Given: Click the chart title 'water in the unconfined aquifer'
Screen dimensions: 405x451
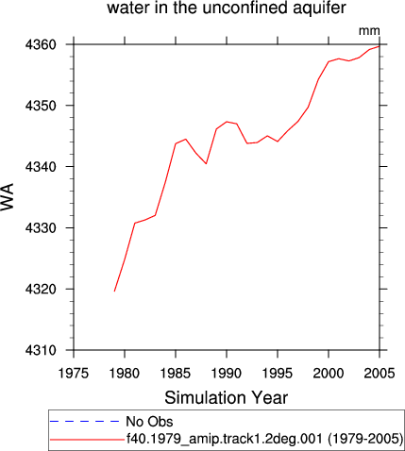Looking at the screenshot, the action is click(227, 8).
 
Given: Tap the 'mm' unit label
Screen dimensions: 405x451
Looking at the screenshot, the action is click(369, 31).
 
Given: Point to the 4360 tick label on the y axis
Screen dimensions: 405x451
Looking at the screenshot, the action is click(41, 44).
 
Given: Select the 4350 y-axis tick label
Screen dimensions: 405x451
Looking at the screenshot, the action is click(41, 106).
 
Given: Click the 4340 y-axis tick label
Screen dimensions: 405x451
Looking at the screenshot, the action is click(41, 167).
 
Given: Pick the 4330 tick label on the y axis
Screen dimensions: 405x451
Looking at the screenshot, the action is click(41, 227).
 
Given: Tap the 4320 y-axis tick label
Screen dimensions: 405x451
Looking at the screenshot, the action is click(41, 289).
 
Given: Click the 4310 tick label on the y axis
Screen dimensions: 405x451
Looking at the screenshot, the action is click(41, 350).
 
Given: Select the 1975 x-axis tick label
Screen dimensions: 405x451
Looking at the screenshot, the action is click(74, 373).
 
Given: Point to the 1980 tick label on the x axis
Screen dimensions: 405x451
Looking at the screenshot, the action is click(125, 373).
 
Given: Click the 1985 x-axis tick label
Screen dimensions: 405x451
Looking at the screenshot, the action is click(176, 373).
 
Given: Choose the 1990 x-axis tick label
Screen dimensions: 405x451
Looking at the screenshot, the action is click(227, 373).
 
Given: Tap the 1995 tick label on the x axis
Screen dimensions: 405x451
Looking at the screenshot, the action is click(278, 373).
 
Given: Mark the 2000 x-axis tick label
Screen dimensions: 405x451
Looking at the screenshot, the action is click(329, 373).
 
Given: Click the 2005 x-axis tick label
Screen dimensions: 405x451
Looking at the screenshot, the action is click(380, 373).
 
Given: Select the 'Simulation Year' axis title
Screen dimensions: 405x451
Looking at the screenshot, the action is click(227, 397).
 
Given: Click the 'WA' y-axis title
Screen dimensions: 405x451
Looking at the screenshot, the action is click(8, 196).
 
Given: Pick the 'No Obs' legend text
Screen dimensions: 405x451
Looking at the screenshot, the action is click(149, 422).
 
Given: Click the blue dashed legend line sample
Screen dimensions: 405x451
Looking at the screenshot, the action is click(85, 422).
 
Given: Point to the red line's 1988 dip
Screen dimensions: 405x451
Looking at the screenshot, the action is click(206, 163).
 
